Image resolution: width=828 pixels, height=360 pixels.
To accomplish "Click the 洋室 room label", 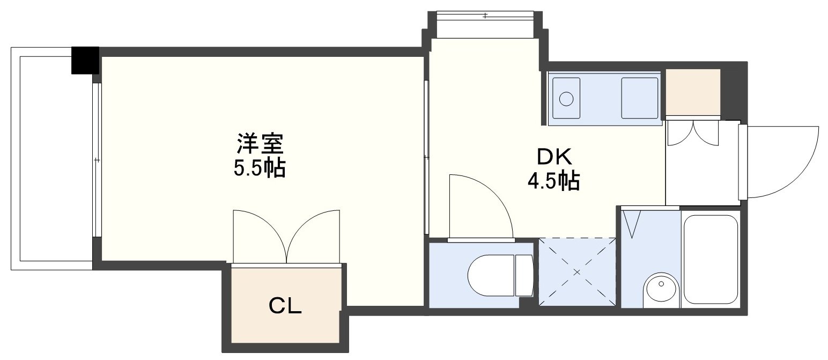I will click(x=260, y=144).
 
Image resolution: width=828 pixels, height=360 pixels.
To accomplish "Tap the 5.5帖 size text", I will click(x=259, y=168).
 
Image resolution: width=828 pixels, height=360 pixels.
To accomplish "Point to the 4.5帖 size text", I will click(x=554, y=182).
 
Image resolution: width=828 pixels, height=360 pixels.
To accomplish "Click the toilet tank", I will click(x=523, y=275).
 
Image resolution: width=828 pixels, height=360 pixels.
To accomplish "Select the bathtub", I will click(x=711, y=259).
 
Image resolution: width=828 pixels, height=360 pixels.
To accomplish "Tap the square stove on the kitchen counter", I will click(x=639, y=98).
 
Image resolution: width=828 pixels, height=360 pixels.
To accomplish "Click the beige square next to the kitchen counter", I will click(x=692, y=92).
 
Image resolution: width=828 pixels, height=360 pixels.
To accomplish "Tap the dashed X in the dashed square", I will click(x=578, y=273).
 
